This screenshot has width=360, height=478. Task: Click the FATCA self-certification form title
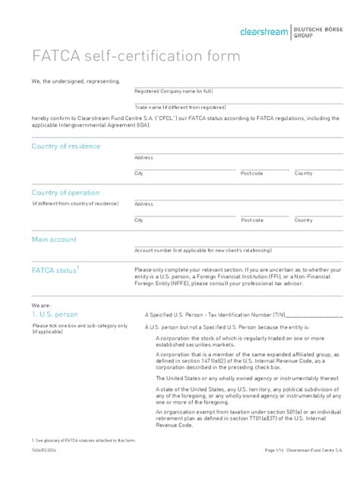[x=135, y=57]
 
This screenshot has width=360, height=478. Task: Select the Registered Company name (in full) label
[x=173, y=91]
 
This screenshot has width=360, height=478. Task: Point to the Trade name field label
[x=180, y=108]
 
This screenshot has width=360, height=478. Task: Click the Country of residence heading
[x=65, y=146]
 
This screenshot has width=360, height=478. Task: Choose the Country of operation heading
[x=65, y=193]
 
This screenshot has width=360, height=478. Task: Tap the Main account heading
[x=53, y=240]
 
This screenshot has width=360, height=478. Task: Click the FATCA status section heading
[x=55, y=270]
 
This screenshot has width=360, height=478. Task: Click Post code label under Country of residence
[x=251, y=174]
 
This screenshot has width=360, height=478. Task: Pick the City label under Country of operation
[x=139, y=220]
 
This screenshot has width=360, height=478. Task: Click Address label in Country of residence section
[x=144, y=158]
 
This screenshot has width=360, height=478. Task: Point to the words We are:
[x=40, y=303]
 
